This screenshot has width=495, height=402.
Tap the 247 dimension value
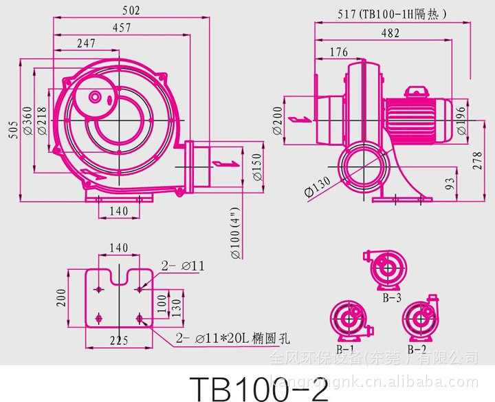point(85,43)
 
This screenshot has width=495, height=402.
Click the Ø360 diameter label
point(27,121)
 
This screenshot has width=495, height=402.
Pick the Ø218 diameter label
point(42,121)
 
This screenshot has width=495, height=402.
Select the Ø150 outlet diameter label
point(256,165)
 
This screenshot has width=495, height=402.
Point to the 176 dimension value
point(338,52)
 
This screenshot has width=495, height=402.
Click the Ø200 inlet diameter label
point(277,121)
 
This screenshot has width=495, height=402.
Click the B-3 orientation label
point(392,298)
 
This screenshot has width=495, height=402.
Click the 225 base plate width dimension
point(120,339)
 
